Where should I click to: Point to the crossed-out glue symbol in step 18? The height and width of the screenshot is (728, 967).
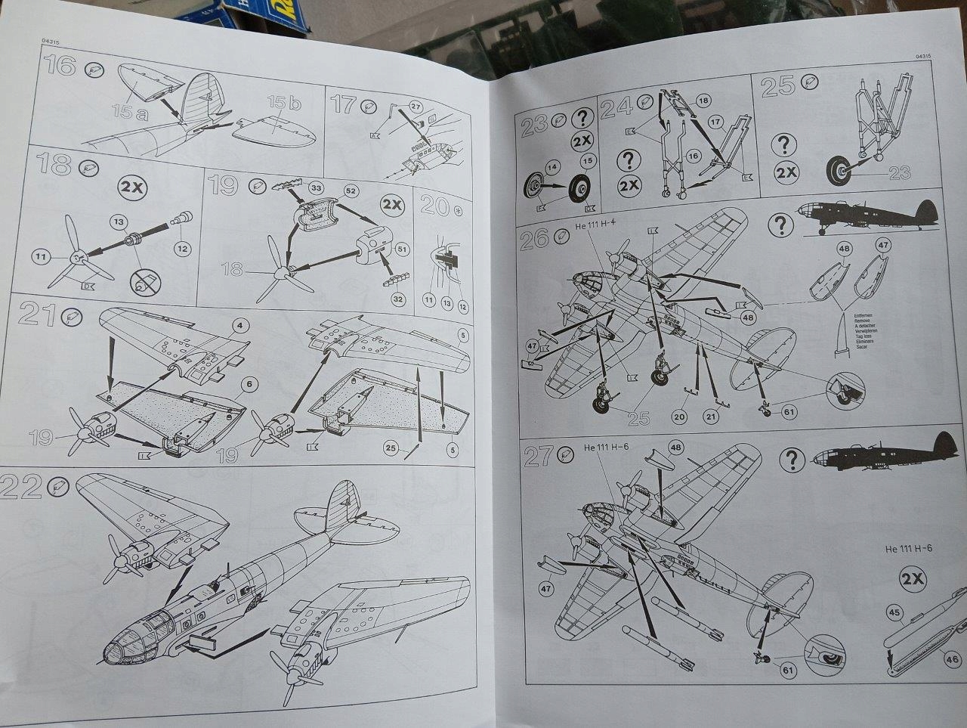(144, 283)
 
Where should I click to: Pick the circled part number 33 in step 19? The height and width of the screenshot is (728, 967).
(316, 187)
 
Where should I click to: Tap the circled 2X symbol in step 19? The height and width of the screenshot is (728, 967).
(391, 205)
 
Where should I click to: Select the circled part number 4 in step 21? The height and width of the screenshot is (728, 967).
(239, 326)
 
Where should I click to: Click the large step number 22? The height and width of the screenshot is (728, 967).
(21, 488)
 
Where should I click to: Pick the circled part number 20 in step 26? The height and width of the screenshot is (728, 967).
(678, 416)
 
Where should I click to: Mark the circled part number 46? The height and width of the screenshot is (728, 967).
(953, 659)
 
